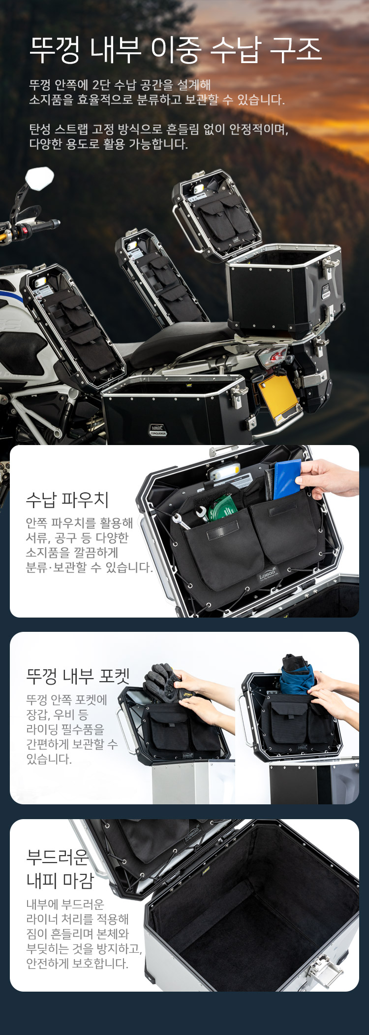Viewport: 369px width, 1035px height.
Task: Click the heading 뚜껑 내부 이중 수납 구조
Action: (x=176, y=50)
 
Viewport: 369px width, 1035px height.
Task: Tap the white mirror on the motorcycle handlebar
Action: (x=40, y=178)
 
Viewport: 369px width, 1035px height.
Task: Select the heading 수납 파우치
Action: (x=67, y=500)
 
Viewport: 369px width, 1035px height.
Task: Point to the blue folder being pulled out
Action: (x=287, y=479)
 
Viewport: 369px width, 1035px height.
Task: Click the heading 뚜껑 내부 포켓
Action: (x=78, y=676)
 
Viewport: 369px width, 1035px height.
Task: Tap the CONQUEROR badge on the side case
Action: (x=158, y=430)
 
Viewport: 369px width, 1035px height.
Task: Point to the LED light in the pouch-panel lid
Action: (x=224, y=472)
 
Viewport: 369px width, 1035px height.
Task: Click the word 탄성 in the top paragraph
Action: (x=40, y=130)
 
